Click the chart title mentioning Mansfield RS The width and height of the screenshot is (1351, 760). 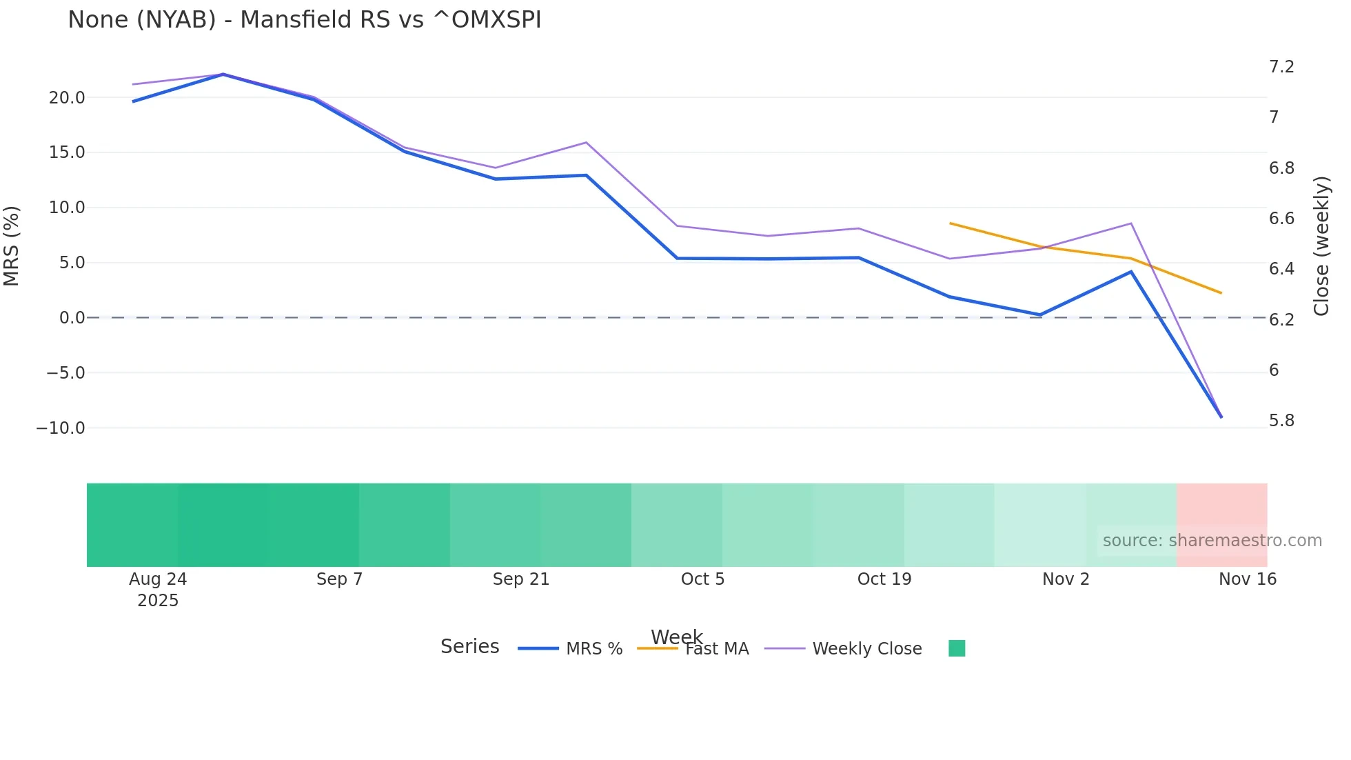304,20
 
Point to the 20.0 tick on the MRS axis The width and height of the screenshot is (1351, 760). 67,98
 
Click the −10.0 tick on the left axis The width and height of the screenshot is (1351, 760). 61,428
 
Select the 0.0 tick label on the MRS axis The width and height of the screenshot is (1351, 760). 72,318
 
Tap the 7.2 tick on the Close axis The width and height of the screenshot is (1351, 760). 1281,67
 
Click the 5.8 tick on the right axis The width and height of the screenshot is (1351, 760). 1281,421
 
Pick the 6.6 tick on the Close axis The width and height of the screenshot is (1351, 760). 1281,219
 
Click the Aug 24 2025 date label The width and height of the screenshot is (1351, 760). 158,589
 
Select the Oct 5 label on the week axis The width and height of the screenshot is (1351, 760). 702,579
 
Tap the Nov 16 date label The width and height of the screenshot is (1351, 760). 1247,579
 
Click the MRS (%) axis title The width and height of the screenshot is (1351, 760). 12,246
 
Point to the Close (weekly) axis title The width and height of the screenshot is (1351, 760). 1321,246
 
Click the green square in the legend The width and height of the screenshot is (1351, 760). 957,648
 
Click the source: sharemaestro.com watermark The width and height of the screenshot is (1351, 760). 1212,541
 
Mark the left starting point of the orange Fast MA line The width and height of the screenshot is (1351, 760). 950,223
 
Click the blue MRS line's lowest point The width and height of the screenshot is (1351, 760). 1221,417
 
